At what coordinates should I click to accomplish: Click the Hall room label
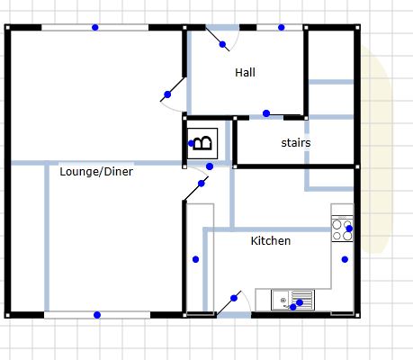tap(245, 72)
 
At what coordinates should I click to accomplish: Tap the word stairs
tap(296, 142)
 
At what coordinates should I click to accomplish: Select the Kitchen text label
tap(271, 240)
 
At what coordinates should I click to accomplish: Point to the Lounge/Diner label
tap(96, 172)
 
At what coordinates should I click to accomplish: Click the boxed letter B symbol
tap(202, 143)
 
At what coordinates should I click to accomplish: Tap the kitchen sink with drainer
tap(292, 300)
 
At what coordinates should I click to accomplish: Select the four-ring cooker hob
tap(342, 229)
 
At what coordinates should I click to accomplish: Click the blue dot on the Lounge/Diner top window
tap(95, 27)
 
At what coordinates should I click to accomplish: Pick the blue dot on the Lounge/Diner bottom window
tap(97, 315)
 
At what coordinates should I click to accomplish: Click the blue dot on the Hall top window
tap(281, 27)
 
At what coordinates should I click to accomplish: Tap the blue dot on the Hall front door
tap(222, 44)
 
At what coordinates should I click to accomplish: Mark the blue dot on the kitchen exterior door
tap(234, 298)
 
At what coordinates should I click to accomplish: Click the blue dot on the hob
tap(349, 229)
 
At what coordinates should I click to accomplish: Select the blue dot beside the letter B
tap(191, 143)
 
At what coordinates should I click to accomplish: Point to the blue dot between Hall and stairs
tap(266, 113)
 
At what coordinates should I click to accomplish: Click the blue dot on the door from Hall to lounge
tap(167, 94)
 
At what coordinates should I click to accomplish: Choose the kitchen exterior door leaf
tap(229, 302)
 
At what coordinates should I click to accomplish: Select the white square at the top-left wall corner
tap(7, 28)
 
